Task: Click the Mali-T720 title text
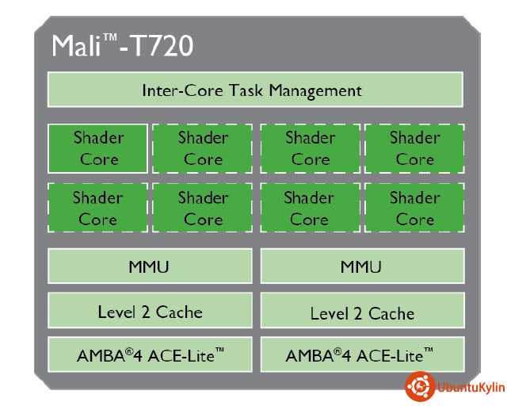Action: coord(122,45)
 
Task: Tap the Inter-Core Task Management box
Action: coord(255,90)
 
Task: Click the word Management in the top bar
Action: coord(315,90)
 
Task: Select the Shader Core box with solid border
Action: coord(98,148)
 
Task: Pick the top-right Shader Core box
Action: coord(414,148)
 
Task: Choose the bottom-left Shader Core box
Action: coord(98,208)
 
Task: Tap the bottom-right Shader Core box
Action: coord(414,208)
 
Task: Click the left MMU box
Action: coord(150,266)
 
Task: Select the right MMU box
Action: coord(361,266)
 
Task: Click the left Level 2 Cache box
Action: coord(150,312)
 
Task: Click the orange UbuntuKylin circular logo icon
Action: coord(419,386)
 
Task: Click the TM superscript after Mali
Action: coord(111,37)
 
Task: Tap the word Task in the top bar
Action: coord(246,90)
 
